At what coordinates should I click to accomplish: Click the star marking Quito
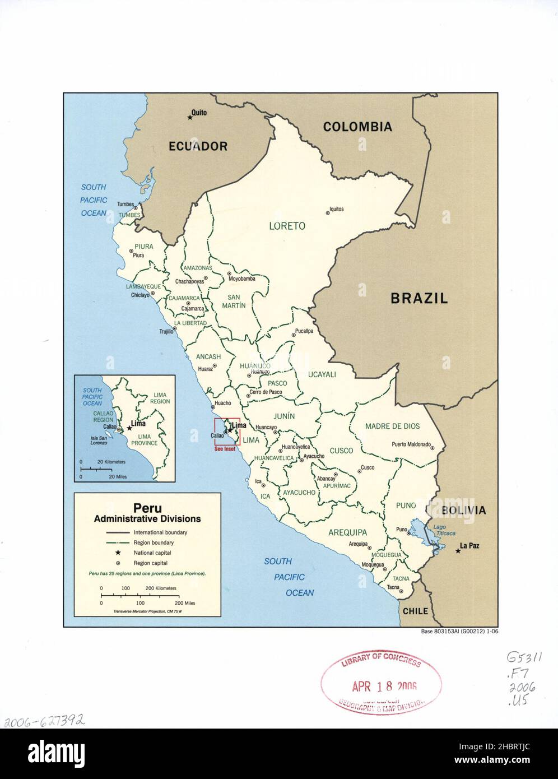[189, 117]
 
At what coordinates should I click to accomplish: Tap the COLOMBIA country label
[357, 127]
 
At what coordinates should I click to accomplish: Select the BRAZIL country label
[418, 298]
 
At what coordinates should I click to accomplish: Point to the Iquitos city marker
[328, 212]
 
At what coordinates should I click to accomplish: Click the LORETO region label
[287, 226]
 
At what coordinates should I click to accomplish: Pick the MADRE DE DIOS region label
[392, 426]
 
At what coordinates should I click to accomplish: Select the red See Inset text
[225, 449]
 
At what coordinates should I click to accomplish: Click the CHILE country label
[415, 611]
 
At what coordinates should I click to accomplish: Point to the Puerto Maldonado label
[411, 445]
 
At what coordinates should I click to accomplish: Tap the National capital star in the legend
[118, 553]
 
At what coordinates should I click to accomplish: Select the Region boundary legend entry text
[154, 542]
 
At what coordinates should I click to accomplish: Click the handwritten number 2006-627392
[44, 720]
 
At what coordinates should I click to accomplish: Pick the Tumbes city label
[125, 205]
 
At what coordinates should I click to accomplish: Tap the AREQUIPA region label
[347, 532]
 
